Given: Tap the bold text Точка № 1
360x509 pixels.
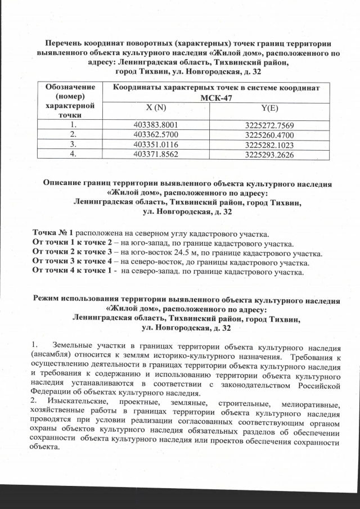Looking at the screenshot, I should coord(53,233).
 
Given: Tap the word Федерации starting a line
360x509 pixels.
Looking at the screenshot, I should coord(51,393).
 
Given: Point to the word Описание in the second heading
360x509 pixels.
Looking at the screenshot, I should coord(62,184).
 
